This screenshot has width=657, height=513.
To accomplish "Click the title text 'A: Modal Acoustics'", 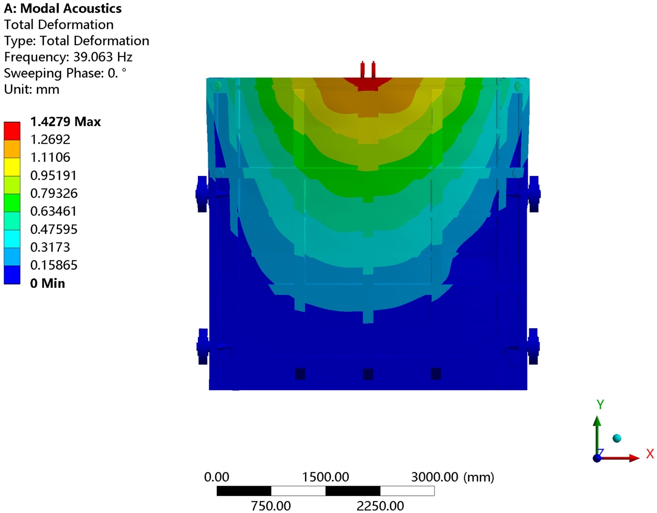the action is tap(62, 9).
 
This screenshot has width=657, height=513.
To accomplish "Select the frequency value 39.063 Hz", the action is tap(103, 57).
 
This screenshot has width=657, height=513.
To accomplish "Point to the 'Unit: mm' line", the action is tap(32, 90).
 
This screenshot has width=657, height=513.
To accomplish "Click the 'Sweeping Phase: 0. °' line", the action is tap(65, 73).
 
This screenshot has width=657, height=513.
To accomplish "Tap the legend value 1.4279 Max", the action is tap(66, 122).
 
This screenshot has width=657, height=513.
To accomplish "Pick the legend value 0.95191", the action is tap(53, 175).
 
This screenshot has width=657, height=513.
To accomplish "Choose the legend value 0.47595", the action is tap(54, 230).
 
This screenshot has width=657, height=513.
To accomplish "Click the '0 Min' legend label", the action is tap(48, 283).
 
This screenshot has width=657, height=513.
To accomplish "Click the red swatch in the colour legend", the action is tap(12, 131).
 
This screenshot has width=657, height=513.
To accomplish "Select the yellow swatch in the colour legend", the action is tap(12, 167).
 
